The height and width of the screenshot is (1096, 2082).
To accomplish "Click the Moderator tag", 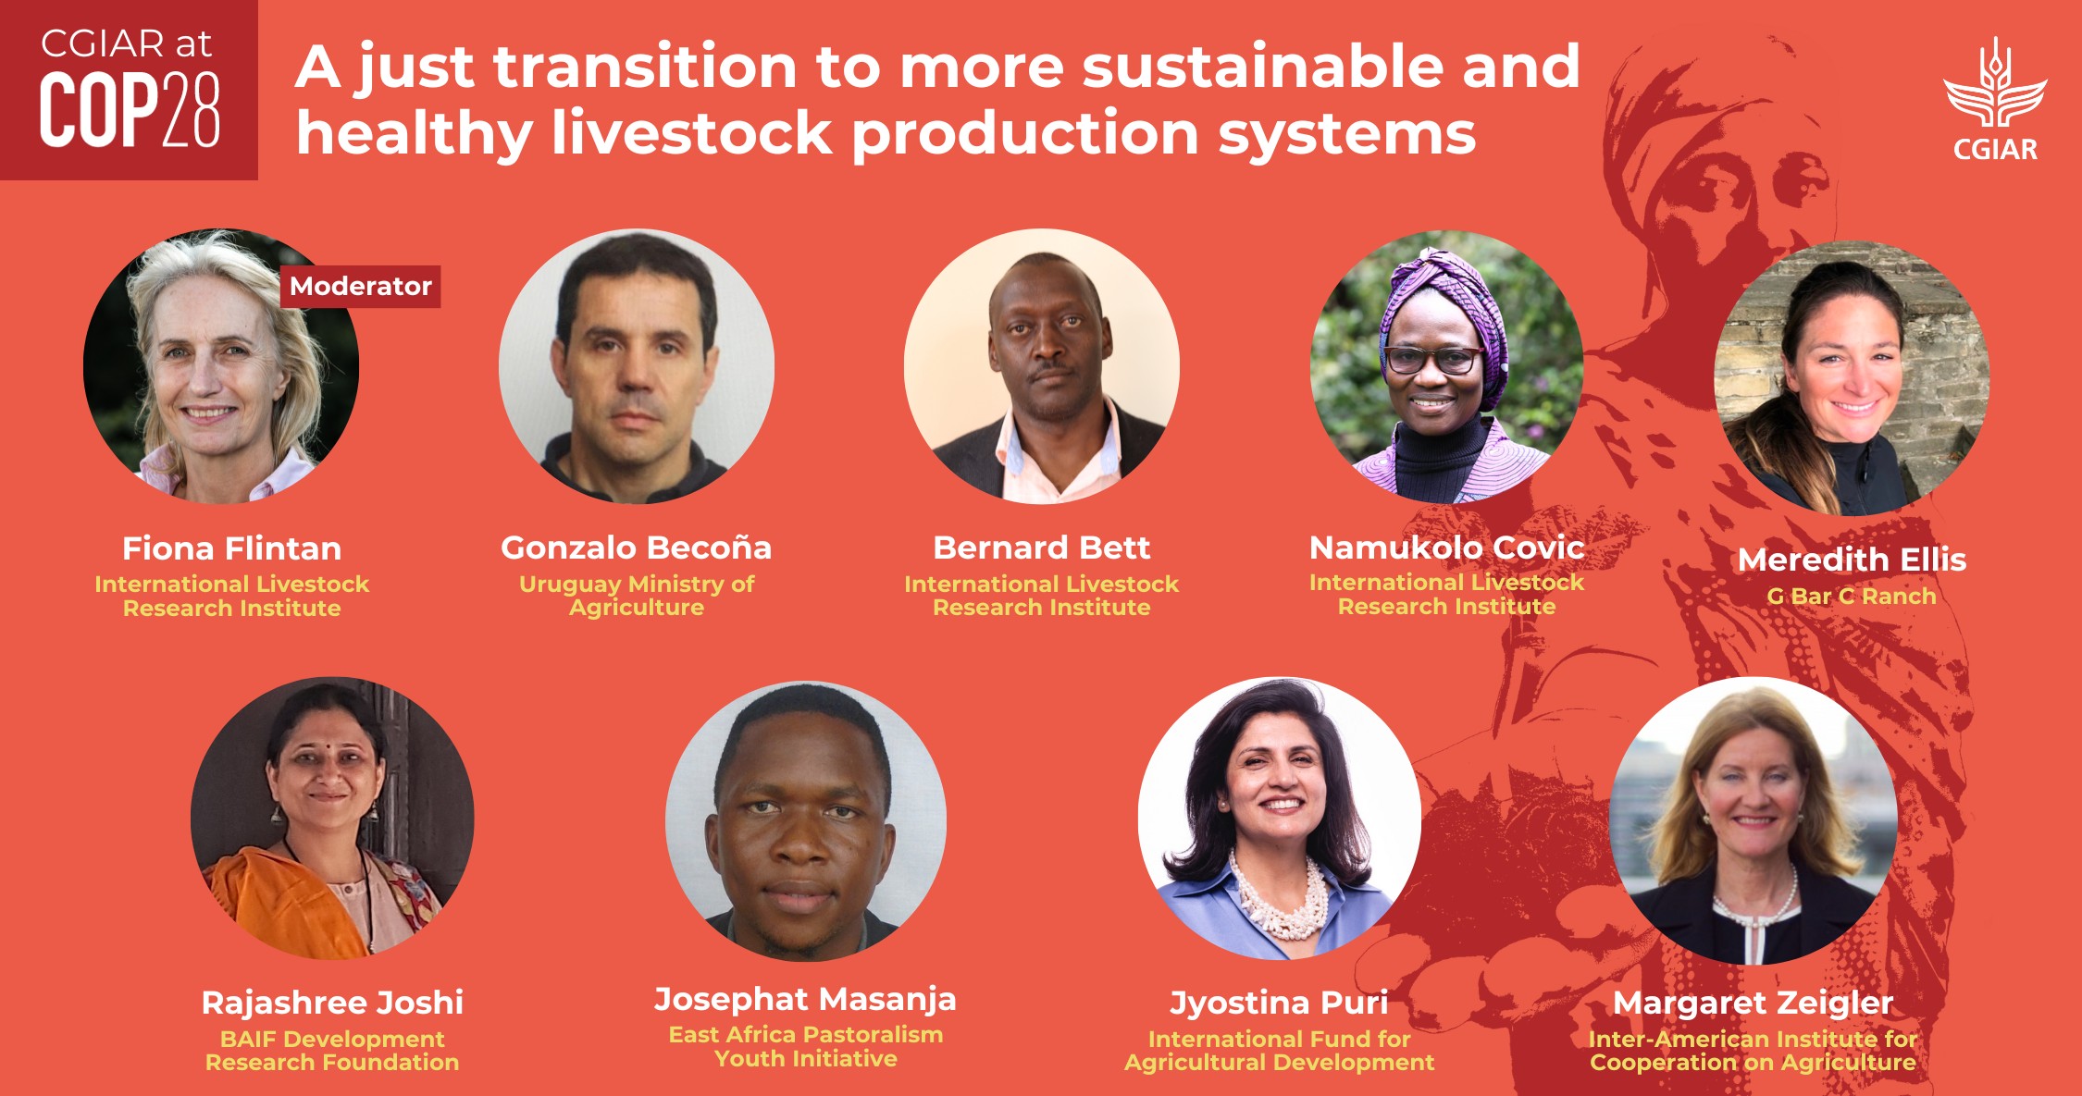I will pos(360,287).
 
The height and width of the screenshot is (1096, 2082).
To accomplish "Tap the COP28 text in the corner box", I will pos(130,111).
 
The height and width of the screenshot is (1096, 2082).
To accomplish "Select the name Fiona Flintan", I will pos(231,548).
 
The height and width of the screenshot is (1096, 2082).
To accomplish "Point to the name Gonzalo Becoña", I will pos(636,548).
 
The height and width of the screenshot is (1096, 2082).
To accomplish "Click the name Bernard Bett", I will pos(1041,548).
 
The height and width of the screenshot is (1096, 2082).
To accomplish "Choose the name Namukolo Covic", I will pos(1446,548).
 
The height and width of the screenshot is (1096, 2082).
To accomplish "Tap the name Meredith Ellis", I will pos(1852,560).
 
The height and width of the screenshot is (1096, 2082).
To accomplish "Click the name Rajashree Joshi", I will pos(332,1003).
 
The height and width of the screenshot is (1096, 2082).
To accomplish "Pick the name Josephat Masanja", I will pos(805,999).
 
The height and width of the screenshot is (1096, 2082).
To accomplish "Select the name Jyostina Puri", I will pos(1279,1003).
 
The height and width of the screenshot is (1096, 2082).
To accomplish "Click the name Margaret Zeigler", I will pos(1753,1003).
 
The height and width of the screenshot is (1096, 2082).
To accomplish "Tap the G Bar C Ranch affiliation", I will pos(1852,597).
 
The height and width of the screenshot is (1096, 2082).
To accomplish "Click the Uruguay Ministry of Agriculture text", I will pos(636,596).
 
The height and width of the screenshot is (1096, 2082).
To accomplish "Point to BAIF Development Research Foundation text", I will pos(332,1051).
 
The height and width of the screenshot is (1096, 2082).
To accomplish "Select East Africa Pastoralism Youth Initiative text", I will pos(805,1046).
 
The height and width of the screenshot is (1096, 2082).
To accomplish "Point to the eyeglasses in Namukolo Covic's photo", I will pos(1431,359).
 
